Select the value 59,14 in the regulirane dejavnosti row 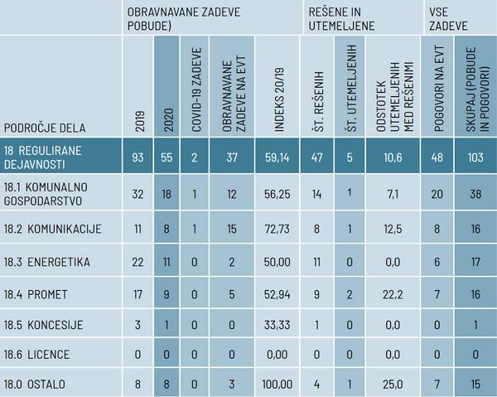pos(277,157)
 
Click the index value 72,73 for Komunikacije pos(277,229)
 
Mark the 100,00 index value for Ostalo pos(277,385)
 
